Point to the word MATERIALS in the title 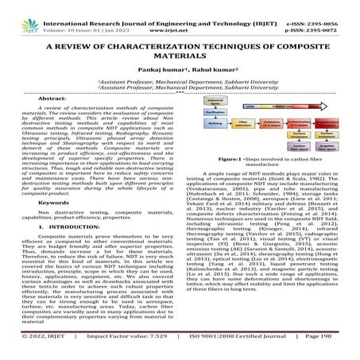click(180, 56)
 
